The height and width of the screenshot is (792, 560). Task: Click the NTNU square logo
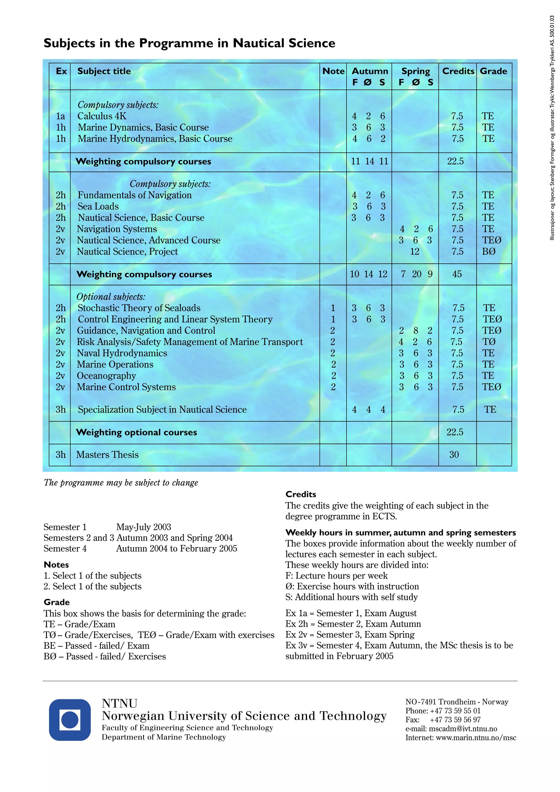pyautogui.click(x=70, y=720)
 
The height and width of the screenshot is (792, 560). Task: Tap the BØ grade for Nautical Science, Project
pyautogui.click(x=489, y=251)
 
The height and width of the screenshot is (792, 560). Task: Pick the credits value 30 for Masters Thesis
pyautogui.click(x=454, y=455)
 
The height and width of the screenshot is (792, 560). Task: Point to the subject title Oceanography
pyautogui.click(x=106, y=376)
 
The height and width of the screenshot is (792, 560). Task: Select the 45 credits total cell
pyautogui.click(x=457, y=274)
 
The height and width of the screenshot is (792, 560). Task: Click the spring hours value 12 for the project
pyautogui.click(x=415, y=251)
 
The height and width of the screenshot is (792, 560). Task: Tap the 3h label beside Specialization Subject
pyautogui.click(x=61, y=409)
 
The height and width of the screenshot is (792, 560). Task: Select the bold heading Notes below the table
pyautogui.click(x=56, y=565)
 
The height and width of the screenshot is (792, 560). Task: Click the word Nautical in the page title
pyautogui.click(x=259, y=43)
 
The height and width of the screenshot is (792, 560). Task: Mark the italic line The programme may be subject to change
pyautogui.click(x=121, y=483)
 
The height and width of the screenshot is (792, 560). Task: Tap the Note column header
pyautogui.click(x=333, y=71)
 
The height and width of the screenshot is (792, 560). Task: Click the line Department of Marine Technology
pyautogui.click(x=164, y=737)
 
